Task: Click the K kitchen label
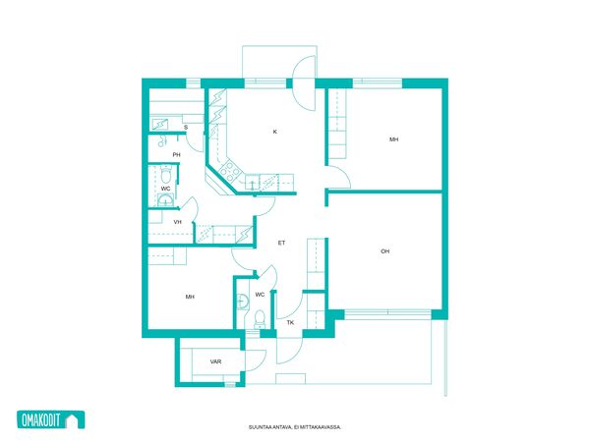tap(275, 132)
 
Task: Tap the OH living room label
tap(384, 251)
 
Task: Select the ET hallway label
tap(281, 243)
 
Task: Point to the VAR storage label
tap(215, 361)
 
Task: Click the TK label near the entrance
tap(290, 322)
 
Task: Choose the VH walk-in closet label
tap(178, 222)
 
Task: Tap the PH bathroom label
tap(176, 154)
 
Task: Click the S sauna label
tap(186, 128)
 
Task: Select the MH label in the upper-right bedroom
tap(394, 139)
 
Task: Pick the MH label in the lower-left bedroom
tap(190, 297)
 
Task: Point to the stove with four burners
tap(230, 170)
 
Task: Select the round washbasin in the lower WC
tap(242, 302)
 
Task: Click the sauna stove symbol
tap(160, 124)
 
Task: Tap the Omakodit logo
tap(51, 419)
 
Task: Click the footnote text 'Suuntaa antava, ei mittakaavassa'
tap(295, 427)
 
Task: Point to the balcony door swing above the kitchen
tap(304, 83)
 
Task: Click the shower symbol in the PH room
tap(162, 140)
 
